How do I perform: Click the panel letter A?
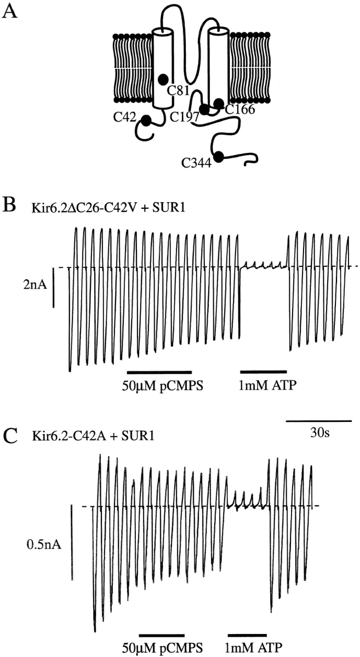click(12, 11)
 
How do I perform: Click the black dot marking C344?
click(219, 157)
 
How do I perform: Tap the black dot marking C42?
click(146, 121)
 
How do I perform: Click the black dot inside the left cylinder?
click(163, 78)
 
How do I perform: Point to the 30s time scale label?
click(319, 432)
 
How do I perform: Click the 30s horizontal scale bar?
click(319, 419)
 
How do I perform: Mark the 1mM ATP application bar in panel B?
click(263, 371)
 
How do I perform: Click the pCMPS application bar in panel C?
click(161, 635)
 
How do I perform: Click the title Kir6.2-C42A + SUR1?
click(93, 436)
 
